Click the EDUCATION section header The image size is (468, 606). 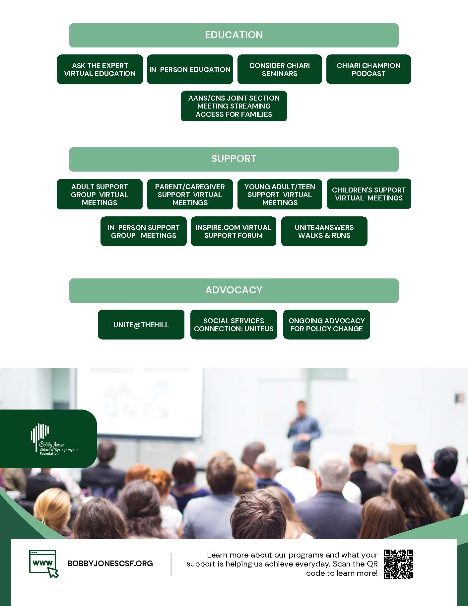point(234,35)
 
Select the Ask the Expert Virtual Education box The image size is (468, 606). point(100,69)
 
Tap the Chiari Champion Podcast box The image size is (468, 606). point(368,69)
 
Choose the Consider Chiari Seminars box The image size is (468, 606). point(280,69)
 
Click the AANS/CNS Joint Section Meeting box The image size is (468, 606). point(234,106)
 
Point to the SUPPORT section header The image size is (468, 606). point(234,159)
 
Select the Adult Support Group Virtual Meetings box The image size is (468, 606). point(100,194)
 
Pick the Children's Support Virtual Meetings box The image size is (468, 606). point(369,194)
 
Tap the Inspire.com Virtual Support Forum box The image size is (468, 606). point(234,231)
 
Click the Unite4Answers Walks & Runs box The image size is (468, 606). point(324,231)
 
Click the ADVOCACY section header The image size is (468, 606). point(234,290)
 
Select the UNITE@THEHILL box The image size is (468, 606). point(141,325)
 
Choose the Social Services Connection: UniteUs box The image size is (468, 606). point(234,325)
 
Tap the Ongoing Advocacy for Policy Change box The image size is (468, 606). point(326,325)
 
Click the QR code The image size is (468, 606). point(398,564)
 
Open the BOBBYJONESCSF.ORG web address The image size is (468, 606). point(110,563)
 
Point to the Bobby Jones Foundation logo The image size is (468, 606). point(50,439)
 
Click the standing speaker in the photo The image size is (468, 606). point(304,428)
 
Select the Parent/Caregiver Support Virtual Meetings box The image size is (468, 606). point(190,194)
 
